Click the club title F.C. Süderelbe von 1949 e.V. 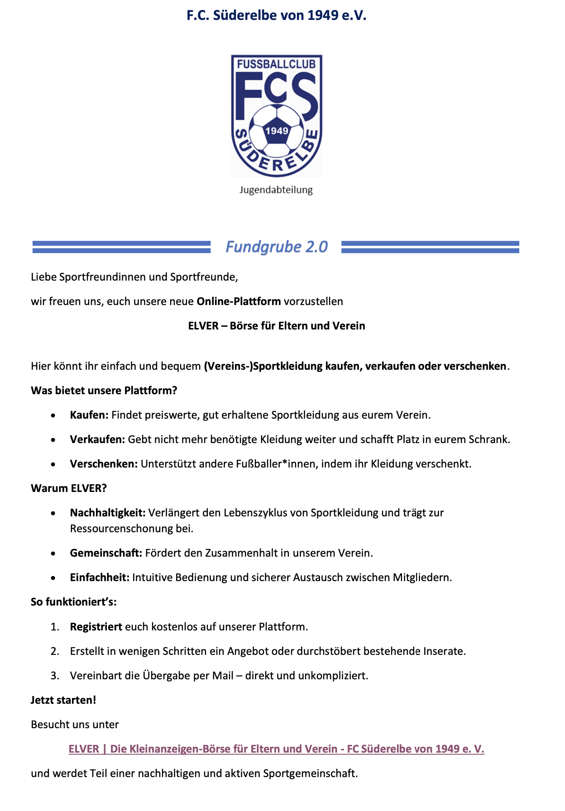pos(276,15)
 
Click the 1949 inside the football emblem pos(277,131)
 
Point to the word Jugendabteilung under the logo pos(276,190)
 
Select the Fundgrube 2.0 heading pos(276,247)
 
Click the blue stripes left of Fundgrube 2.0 pos(121,247)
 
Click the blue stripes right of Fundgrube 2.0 pos(430,247)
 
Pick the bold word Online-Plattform pos(239,301)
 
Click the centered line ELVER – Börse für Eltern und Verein pos(276,326)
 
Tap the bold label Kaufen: pos(89,415)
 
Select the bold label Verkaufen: pos(97,439)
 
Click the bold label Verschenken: pos(104,464)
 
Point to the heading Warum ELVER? pos(69,488)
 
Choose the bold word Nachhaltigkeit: pos(108,513)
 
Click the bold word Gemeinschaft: pos(106,553)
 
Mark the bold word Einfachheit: pos(100,577)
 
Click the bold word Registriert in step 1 pos(96,627)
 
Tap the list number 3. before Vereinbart pos(55,676)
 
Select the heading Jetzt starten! pos(63,700)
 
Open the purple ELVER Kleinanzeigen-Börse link pos(276,749)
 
